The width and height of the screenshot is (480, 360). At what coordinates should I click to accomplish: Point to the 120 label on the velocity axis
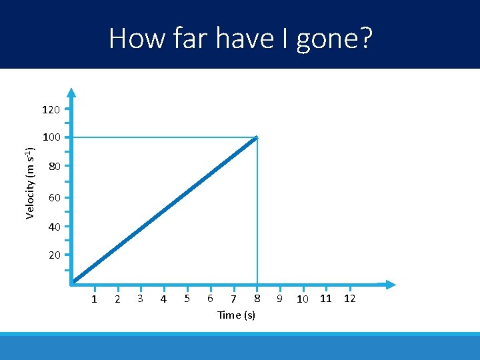pos(51,109)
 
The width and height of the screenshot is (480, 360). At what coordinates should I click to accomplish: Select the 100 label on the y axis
pos(51,137)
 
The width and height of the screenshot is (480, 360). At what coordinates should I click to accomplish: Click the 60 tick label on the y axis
pos(54,198)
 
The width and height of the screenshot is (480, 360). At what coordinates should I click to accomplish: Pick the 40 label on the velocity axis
pos(54,227)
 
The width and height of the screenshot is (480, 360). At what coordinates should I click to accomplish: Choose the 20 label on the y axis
pos(54,255)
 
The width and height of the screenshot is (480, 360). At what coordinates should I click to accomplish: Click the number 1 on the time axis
pos(94,299)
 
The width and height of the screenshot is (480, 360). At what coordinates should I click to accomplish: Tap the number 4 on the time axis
pos(163,299)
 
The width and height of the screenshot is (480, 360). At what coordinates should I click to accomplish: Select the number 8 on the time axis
pos(257,298)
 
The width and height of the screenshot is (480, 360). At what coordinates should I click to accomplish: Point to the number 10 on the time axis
pos(302,299)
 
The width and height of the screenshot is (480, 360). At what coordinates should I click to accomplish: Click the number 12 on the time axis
pos(349,298)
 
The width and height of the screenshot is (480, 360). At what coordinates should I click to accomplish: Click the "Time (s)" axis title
pos(236,315)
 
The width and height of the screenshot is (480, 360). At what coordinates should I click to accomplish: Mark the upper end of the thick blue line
pos(256,138)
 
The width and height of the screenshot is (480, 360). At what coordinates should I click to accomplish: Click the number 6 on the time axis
pos(210,298)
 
